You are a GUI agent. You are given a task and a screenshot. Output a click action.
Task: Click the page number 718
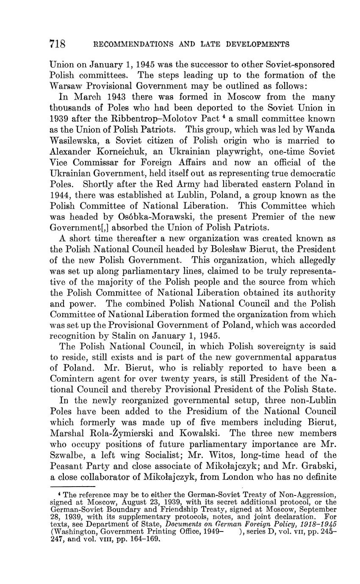[57, 44]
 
